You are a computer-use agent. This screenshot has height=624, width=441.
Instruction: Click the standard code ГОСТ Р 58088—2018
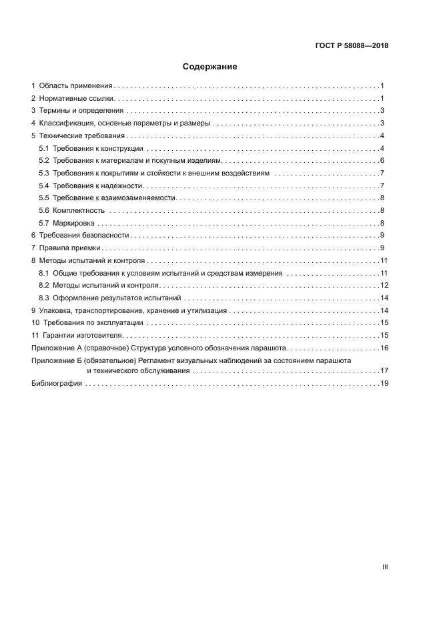[x=351, y=46]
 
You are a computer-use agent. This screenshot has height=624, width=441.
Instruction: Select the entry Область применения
[x=75, y=86]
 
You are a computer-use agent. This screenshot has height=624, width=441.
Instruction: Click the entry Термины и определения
[x=81, y=111]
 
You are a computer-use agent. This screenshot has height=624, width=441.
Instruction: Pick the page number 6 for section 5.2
[x=381, y=161]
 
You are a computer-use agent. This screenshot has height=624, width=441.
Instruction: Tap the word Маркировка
[x=73, y=223]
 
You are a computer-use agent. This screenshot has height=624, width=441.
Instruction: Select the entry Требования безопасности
[x=84, y=236]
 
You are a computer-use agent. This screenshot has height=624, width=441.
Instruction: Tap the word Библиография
[x=57, y=384]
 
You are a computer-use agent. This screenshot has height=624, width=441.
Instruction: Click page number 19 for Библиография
[x=384, y=384]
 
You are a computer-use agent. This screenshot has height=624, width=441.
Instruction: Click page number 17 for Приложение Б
[x=384, y=370]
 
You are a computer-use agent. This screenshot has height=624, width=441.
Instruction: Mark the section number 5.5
[x=44, y=198]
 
